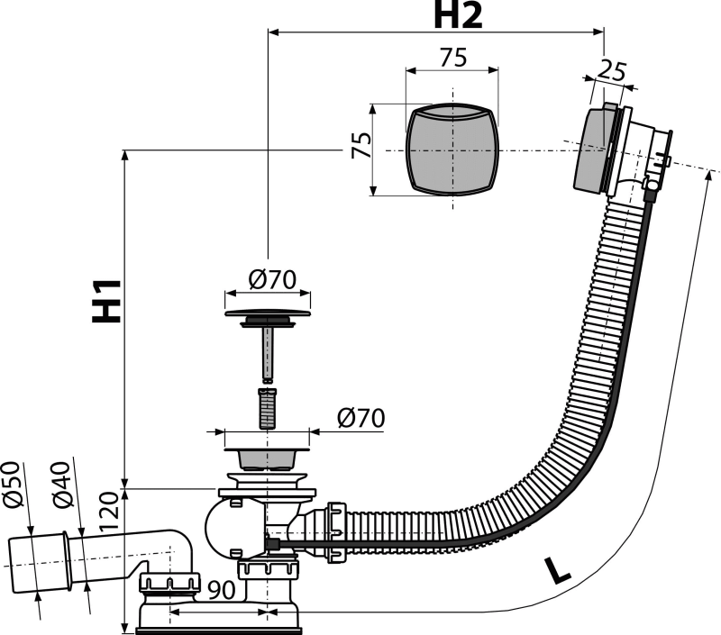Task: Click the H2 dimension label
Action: point(458,15)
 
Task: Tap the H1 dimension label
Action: point(106,301)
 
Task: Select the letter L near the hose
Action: point(557,570)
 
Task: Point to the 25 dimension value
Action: point(613,71)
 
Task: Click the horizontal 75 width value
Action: point(453,58)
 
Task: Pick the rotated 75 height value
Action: point(361,145)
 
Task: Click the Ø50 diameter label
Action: point(14,485)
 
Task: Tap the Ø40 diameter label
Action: point(63,485)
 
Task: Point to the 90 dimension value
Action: point(221,590)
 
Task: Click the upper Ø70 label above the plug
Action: point(272,279)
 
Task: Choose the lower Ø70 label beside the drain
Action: point(361,418)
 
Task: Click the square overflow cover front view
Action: point(452,150)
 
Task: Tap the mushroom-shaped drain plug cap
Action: point(268,318)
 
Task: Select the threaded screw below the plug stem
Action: point(267,409)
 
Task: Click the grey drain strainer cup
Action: point(267,459)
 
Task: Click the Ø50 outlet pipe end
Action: point(39,564)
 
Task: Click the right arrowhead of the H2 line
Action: point(598,32)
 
